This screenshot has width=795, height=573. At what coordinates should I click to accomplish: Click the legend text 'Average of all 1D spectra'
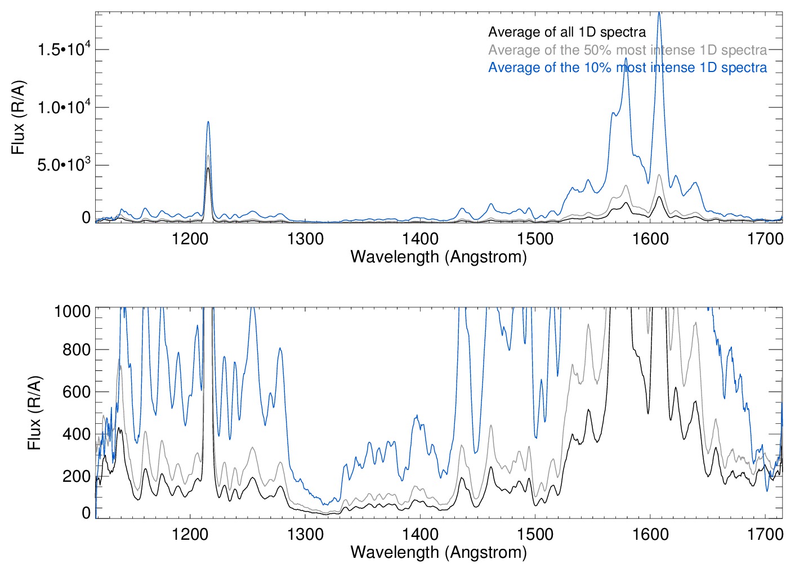pos(566,32)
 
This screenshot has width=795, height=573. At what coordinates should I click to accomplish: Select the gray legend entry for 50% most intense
pos(627,50)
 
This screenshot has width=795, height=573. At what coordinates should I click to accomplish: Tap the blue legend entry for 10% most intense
pos(627,68)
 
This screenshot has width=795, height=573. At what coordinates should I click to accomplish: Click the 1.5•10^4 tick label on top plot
pos(64,50)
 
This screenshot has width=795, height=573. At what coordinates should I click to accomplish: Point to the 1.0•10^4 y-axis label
pos(64,107)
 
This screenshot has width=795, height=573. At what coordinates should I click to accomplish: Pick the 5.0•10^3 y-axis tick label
pos(64,165)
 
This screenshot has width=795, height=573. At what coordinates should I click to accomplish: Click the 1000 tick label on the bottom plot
pos(72,311)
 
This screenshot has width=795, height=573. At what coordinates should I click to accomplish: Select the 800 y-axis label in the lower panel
pos(77,350)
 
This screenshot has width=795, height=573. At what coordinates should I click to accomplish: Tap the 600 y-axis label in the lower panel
pos(77,392)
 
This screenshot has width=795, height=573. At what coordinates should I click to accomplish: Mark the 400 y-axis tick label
pos(77,434)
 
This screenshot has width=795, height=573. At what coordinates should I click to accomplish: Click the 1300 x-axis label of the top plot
pos(305,239)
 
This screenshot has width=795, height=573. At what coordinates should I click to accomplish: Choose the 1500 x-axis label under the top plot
pos(535,239)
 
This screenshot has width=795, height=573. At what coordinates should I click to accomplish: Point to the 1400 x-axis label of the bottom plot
pos(420,534)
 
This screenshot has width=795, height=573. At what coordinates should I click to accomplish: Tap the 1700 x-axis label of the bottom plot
pos(765,534)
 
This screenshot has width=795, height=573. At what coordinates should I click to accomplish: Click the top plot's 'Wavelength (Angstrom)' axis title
pos(438,257)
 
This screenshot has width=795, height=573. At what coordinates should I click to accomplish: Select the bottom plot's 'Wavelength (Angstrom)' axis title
pos(438,552)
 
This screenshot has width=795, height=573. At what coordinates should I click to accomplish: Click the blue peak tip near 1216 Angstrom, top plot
pos(208,122)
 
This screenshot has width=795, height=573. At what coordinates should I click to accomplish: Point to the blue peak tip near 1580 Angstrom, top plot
pos(626,57)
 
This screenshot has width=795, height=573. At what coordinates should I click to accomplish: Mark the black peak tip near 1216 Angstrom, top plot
pos(208,168)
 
